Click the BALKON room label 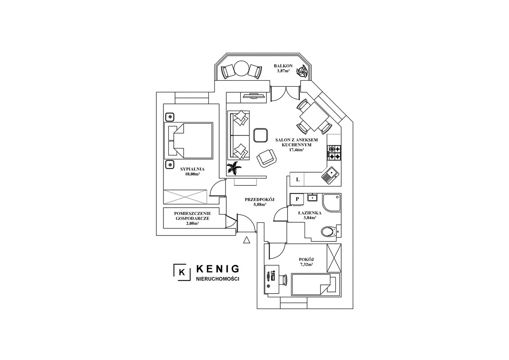[x=283, y=66]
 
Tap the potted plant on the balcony [x=302, y=71]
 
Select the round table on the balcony [x=242, y=68]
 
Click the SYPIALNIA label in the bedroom [x=192, y=169]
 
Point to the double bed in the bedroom [x=188, y=141]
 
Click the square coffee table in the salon [x=260, y=135]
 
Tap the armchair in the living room [x=266, y=158]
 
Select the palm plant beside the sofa [x=234, y=168]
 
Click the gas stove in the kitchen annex [x=334, y=152]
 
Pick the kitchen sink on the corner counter [x=330, y=175]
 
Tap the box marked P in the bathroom [x=297, y=199]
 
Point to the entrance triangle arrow [x=247, y=240]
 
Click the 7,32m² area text [x=307, y=264]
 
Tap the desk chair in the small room [x=284, y=280]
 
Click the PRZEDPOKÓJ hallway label [x=260, y=200]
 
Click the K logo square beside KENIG [x=182, y=272]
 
